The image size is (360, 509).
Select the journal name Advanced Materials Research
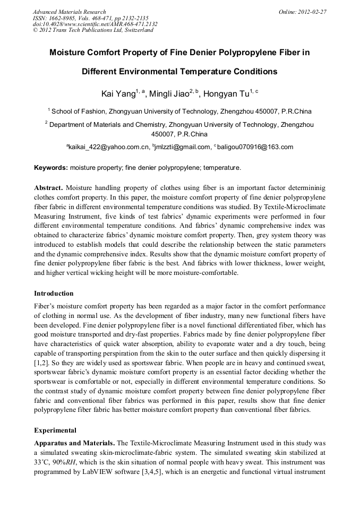pos(69,11)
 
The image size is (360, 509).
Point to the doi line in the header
pos(95,24)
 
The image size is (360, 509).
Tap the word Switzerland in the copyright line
pos(135,30)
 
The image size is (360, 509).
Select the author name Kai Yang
pos(118,94)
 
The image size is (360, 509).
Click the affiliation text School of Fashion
pos(79,111)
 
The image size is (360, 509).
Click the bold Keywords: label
pos(51,168)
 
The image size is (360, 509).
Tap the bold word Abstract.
pos(49,188)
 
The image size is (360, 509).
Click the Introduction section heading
pos(54,294)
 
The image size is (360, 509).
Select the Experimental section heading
pos(55,430)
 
